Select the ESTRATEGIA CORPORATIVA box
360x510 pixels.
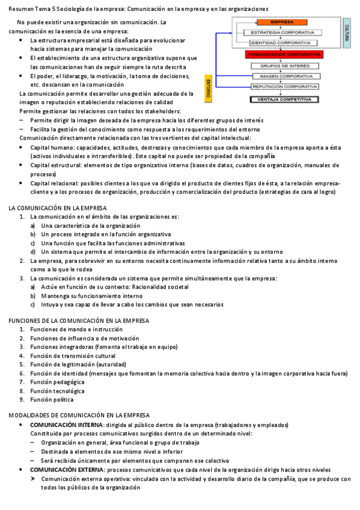point(281,32)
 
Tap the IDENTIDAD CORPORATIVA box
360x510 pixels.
point(281,43)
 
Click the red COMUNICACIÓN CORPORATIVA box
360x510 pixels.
point(281,54)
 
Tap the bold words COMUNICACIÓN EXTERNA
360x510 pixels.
point(67,469)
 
